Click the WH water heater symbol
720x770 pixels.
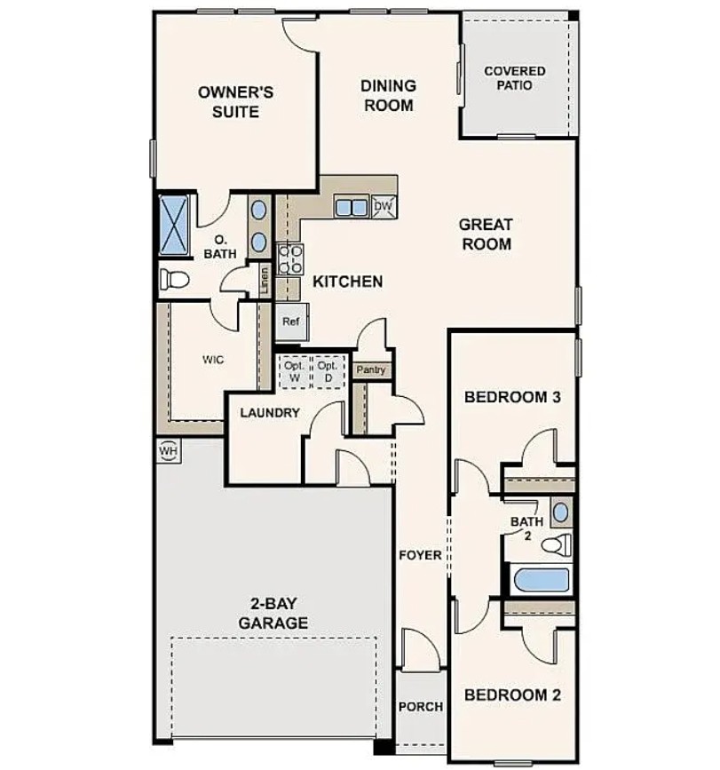click(x=169, y=451)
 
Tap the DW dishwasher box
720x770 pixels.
click(x=384, y=206)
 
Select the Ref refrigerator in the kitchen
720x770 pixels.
click(x=291, y=322)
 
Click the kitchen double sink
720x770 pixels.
click(x=352, y=207)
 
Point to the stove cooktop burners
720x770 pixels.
click(x=290, y=259)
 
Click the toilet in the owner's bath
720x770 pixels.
click(x=174, y=280)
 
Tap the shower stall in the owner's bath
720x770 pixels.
click(x=174, y=226)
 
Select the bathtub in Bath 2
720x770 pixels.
click(x=541, y=580)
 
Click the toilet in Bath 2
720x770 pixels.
click(x=557, y=545)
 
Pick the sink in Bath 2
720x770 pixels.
click(x=561, y=512)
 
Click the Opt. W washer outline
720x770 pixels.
click(x=295, y=371)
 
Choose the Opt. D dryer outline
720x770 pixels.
click(x=328, y=371)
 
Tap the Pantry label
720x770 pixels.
click(x=371, y=369)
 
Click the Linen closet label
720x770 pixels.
click(x=265, y=280)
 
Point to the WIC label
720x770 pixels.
click(x=213, y=360)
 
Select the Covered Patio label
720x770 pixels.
click(x=514, y=78)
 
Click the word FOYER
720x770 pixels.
click(x=420, y=555)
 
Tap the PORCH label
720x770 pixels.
click(x=421, y=707)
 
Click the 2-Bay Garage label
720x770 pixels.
click(x=273, y=613)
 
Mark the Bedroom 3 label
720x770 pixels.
click(x=512, y=397)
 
